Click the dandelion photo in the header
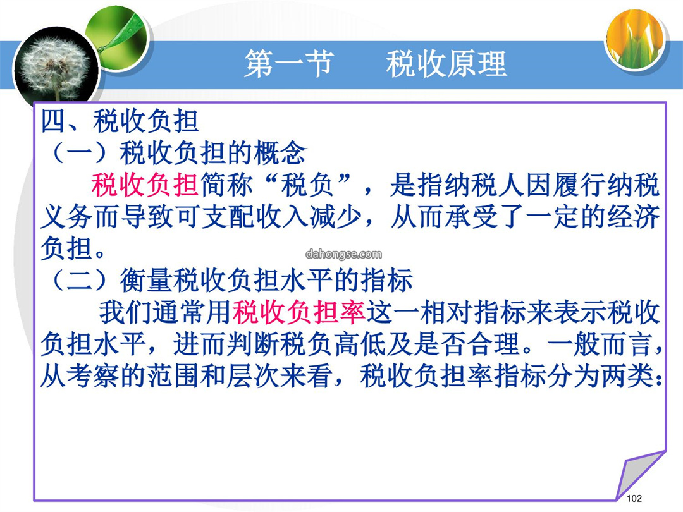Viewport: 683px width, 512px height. [x=56, y=70]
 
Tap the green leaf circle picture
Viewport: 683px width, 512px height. [x=118, y=37]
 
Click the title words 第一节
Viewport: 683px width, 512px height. [x=289, y=64]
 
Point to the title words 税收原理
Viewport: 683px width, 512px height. [x=446, y=64]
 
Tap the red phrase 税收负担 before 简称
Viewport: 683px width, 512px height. [x=145, y=185]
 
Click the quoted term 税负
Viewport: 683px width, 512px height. [x=307, y=185]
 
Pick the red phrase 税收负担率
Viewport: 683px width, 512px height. [x=299, y=312]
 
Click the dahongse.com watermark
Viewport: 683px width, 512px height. [x=343, y=254]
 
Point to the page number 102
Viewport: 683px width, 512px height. [x=634, y=499]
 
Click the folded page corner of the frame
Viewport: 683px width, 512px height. [x=640, y=475]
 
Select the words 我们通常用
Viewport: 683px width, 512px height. [x=166, y=312]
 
